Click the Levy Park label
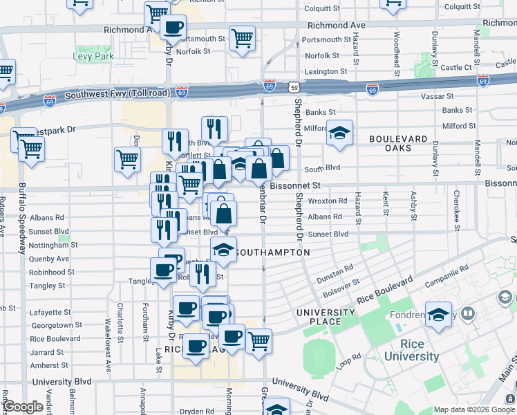[x=95, y=56]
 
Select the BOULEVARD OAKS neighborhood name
[x=399, y=143]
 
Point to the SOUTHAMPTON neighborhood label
[x=272, y=252]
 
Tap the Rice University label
[x=411, y=350]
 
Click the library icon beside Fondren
[x=468, y=315]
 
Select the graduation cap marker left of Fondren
[x=438, y=315]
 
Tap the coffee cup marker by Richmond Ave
[x=172, y=27]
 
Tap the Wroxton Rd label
[x=328, y=201]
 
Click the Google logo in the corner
[x=23, y=407]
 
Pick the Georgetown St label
[x=57, y=325]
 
